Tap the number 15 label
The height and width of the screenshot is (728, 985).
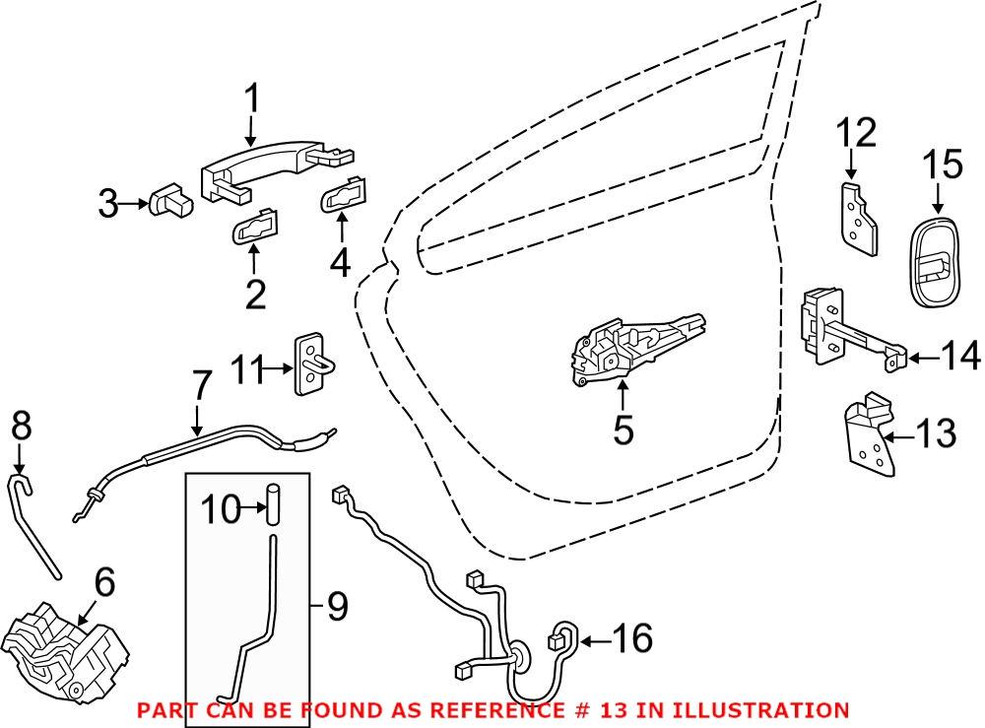pyautogui.click(x=942, y=164)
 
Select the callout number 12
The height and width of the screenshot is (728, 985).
pyautogui.click(x=855, y=132)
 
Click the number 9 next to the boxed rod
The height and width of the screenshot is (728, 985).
pyautogui.click(x=337, y=607)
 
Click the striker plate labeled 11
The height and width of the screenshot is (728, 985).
pyautogui.click(x=312, y=363)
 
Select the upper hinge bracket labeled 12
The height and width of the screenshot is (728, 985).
pyautogui.click(x=860, y=219)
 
